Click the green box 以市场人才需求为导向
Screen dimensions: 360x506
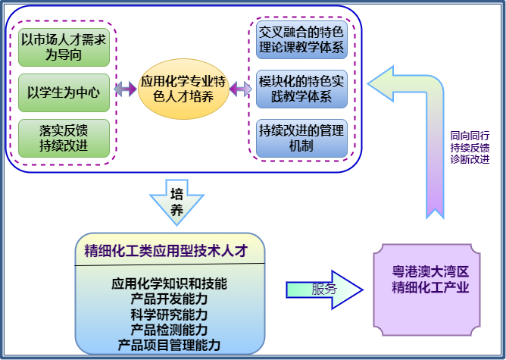[x=64, y=46]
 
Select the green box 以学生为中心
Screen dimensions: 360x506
[x=64, y=92]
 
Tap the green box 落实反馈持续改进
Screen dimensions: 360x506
[x=64, y=138]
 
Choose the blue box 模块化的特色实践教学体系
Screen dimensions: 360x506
[x=301, y=89]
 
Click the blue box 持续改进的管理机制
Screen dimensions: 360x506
[x=301, y=136]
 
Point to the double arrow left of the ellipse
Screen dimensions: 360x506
[x=125, y=89]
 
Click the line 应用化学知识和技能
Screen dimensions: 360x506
[x=169, y=284]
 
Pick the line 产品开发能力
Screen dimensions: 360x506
[x=169, y=299]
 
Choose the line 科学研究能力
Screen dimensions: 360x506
[x=169, y=315]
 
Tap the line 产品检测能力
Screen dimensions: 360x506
[x=169, y=330]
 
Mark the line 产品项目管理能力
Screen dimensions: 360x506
[x=169, y=345]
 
